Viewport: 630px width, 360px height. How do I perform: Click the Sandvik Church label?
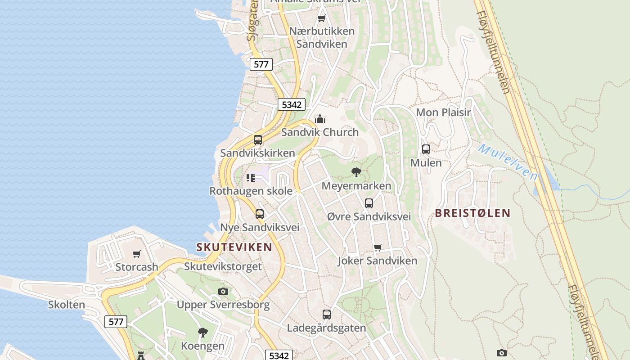(320, 132)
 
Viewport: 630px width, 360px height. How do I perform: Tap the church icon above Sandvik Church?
(320, 119)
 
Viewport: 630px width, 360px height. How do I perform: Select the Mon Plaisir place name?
(443, 112)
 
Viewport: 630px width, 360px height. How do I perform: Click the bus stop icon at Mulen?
(426, 149)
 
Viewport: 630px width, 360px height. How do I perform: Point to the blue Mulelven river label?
(508, 162)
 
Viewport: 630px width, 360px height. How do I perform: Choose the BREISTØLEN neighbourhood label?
(473, 213)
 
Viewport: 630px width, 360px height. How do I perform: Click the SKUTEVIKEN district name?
(234, 247)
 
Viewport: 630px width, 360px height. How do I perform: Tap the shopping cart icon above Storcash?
(137, 254)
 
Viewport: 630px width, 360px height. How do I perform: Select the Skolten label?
(67, 305)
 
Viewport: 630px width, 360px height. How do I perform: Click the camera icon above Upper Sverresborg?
(223, 292)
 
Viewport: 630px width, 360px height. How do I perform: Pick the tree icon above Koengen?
(203, 333)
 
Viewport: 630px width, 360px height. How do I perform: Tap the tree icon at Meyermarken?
(356, 172)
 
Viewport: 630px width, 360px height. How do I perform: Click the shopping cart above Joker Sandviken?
(378, 247)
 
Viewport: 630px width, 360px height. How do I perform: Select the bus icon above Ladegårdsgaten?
(327, 314)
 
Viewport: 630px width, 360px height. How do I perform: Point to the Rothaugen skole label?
(251, 191)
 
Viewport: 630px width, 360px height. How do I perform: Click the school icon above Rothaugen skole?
(251, 178)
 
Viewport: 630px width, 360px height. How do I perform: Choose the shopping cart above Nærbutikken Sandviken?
(321, 18)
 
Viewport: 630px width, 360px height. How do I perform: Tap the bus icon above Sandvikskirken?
(258, 139)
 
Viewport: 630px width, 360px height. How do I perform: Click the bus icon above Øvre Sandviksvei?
(369, 203)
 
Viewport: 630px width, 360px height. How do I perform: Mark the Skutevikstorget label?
(223, 266)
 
